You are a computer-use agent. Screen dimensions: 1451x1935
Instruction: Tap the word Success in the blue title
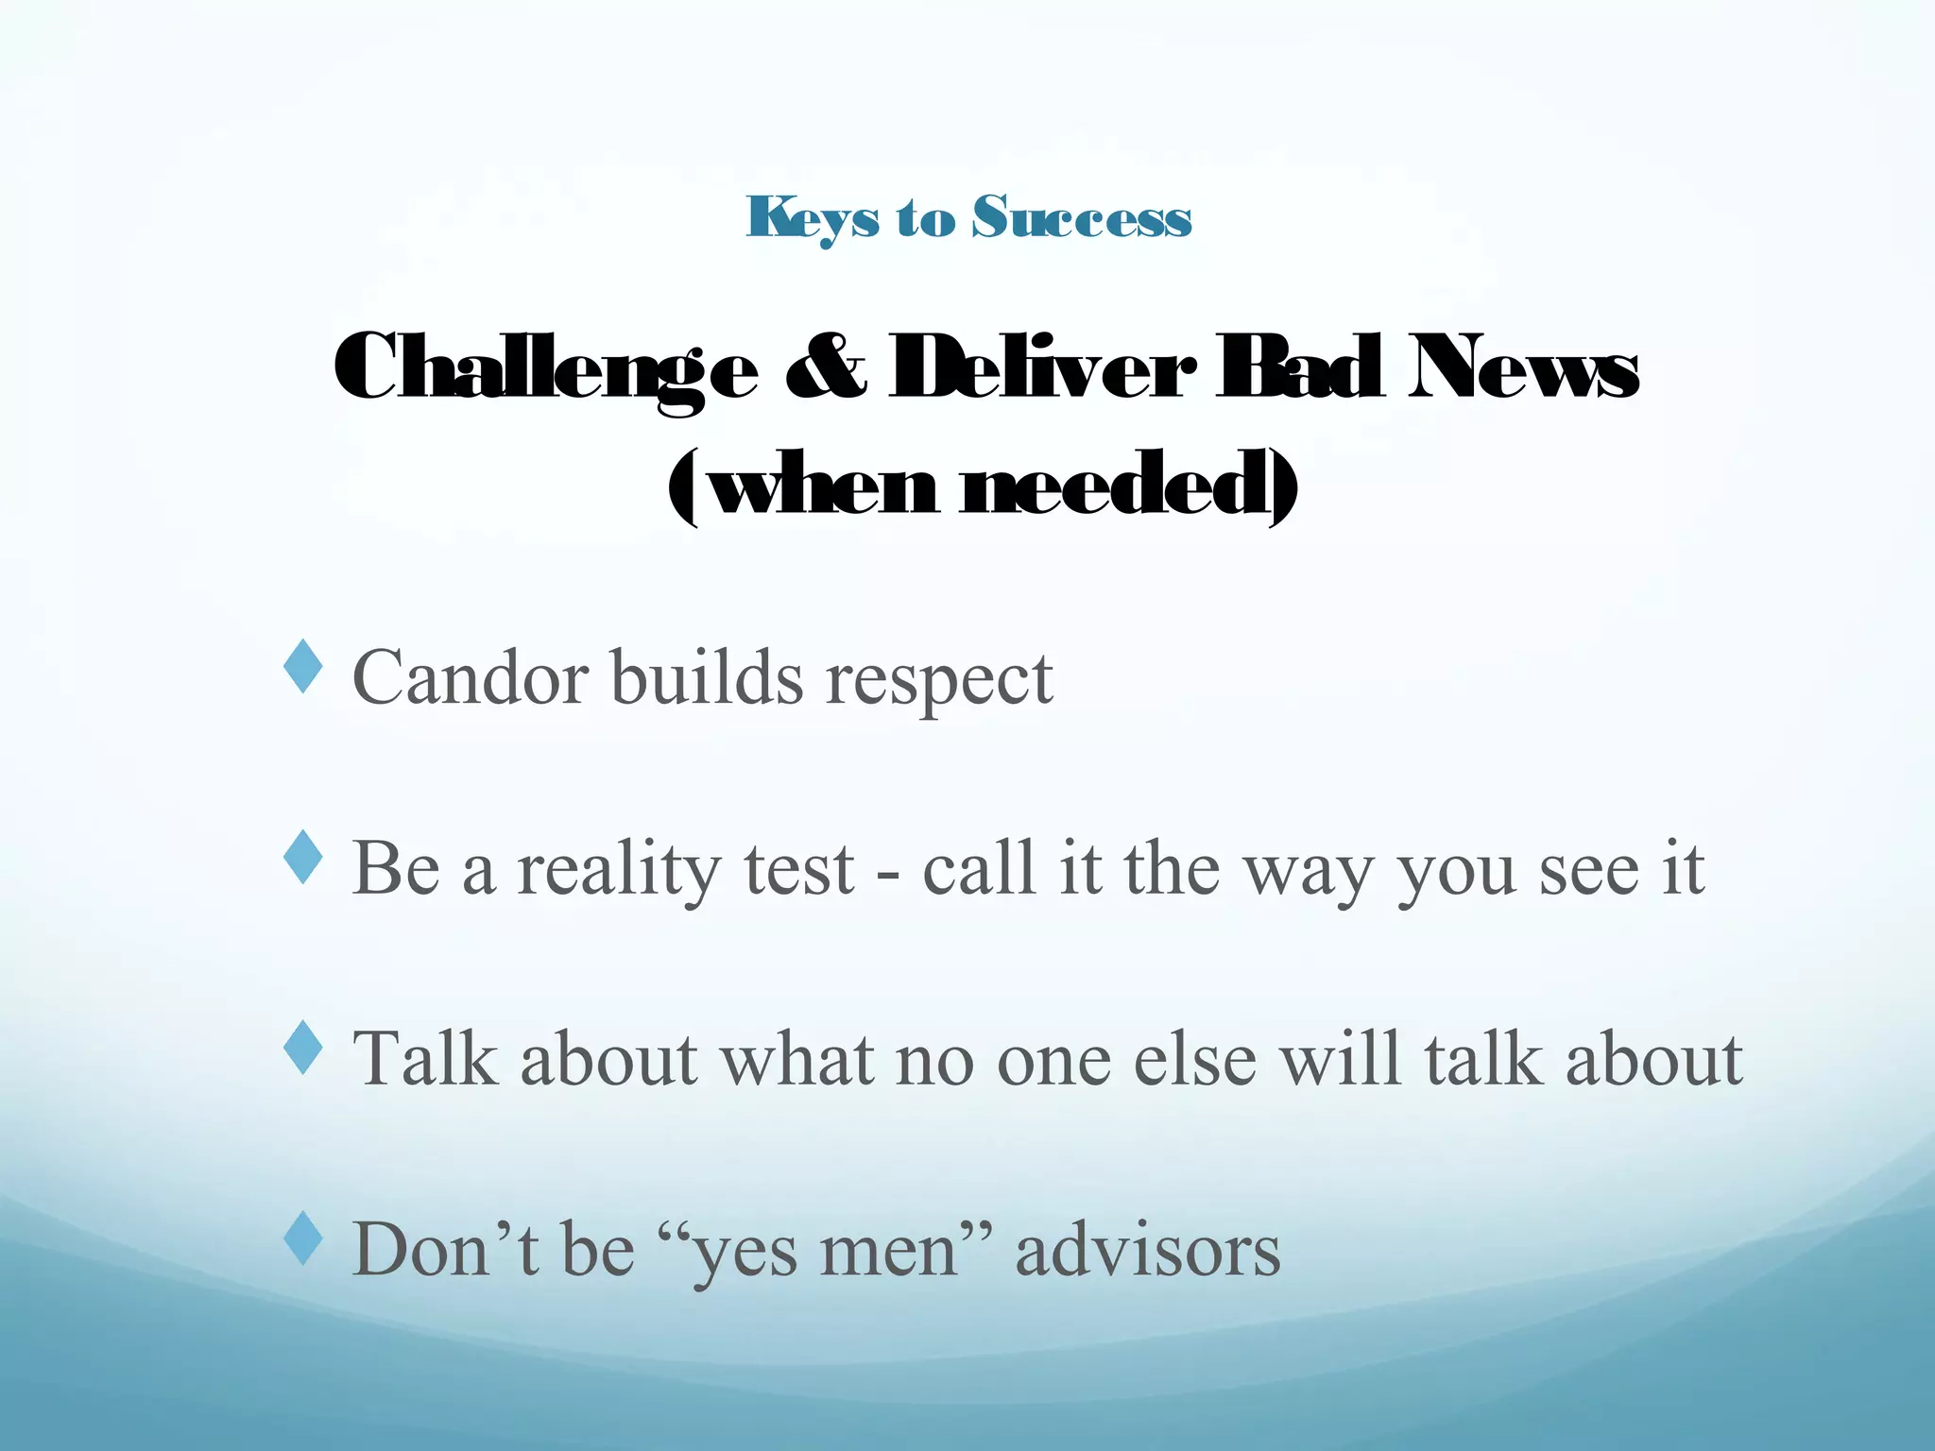(1083, 218)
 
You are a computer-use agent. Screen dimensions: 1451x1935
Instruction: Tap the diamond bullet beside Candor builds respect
(303, 667)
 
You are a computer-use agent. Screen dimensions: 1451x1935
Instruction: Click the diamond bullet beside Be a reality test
(303, 858)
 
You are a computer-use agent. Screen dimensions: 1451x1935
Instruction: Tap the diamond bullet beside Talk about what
(303, 1047)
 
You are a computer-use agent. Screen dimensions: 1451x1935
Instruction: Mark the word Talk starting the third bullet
(424, 1058)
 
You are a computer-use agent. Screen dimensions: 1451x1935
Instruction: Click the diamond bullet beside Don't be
(303, 1238)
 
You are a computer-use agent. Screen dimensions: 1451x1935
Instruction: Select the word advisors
(1148, 1250)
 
